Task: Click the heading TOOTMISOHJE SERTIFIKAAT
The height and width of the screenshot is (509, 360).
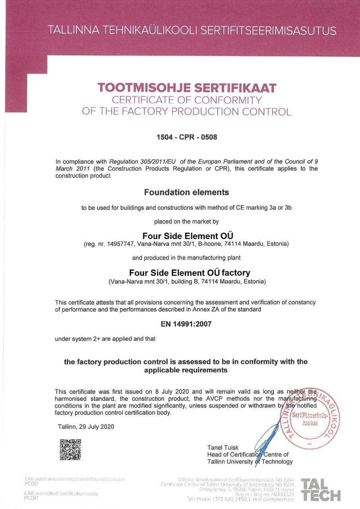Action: coord(187,87)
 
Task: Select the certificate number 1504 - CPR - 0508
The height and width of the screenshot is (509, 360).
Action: coord(187,138)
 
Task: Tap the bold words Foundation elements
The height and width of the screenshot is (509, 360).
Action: coord(187,192)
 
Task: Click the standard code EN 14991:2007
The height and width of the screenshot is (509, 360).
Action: coord(186,324)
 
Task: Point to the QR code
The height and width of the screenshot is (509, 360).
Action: coord(70,449)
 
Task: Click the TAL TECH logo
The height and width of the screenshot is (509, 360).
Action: coord(321,490)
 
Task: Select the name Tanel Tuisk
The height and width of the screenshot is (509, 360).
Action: coord(223,447)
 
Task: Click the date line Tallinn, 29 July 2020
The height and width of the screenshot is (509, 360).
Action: coord(86,427)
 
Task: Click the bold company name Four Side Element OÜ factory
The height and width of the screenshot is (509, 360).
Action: coord(189,273)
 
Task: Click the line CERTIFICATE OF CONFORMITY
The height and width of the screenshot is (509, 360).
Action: coord(187,99)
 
